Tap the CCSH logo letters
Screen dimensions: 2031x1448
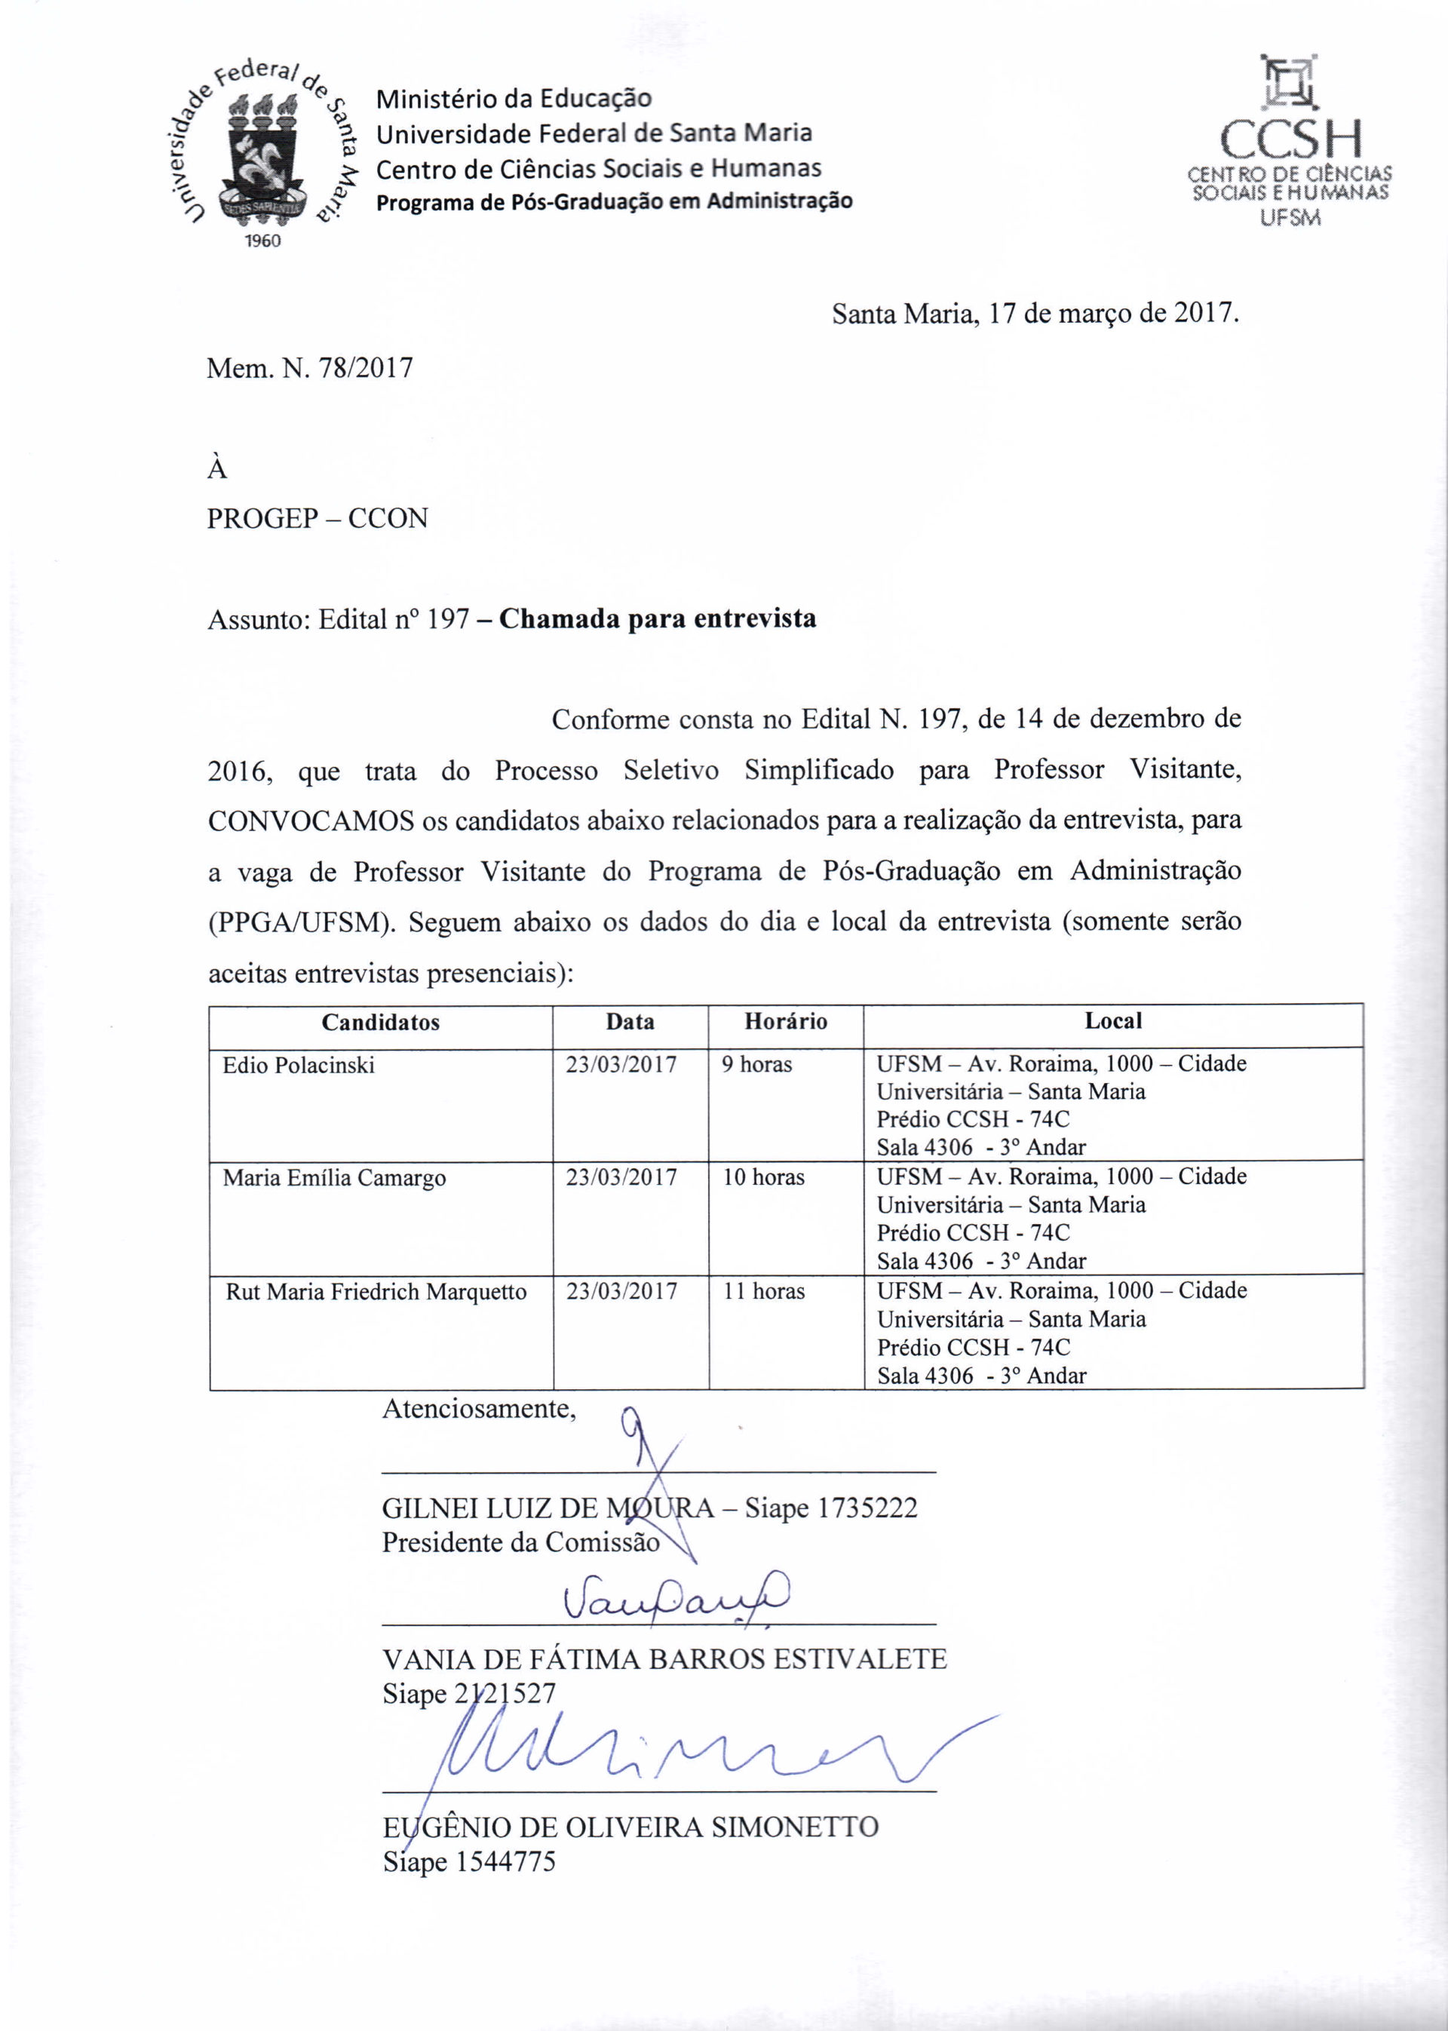(x=1290, y=140)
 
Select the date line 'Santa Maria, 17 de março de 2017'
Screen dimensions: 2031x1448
(x=1035, y=314)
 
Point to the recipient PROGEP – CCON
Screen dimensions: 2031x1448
(x=318, y=518)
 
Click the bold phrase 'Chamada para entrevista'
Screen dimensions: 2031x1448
(x=657, y=618)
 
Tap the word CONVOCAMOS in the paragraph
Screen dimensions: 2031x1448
(x=310, y=821)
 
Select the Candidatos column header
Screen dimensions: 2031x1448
(x=381, y=1022)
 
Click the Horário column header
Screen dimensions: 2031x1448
(x=786, y=1022)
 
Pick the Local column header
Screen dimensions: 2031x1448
(x=1112, y=1021)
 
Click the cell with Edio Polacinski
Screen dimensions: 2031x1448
(x=299, y=1066)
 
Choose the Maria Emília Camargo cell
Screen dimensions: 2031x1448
(x=334, y=1178)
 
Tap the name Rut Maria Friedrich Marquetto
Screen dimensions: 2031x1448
(x=376, y=1292)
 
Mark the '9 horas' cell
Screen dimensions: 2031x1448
(x=757, y=1065)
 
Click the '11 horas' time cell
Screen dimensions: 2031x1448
(x=763, y=1291)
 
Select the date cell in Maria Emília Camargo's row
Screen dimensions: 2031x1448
(x=621, y=1178)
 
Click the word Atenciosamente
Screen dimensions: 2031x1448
(x=479, y=1409)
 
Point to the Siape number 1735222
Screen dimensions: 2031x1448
(x=867, y=1508)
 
